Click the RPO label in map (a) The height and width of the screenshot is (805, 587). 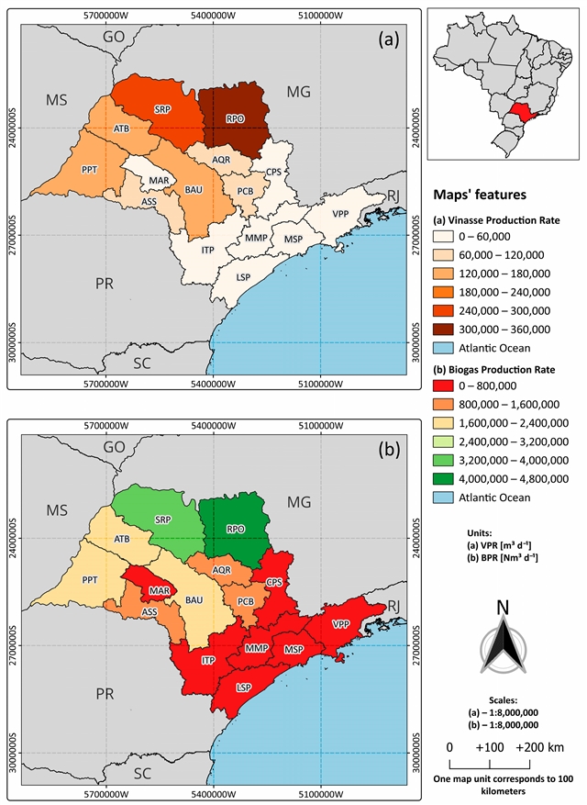236,117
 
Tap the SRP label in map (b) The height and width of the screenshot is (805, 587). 163,520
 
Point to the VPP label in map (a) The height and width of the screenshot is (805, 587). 341,214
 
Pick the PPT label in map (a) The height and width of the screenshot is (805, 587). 90,170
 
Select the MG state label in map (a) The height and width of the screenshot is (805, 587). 299,91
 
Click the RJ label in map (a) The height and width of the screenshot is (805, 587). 393,195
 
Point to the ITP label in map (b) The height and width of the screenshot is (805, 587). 206,660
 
